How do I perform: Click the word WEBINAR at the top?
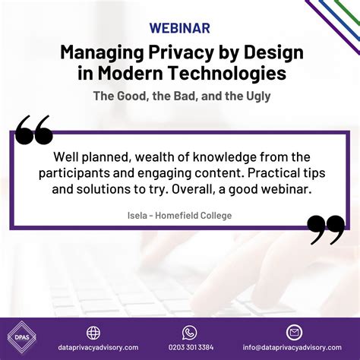(x=180, y=29)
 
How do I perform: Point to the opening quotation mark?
(x=34, y=131)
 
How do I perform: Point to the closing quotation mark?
(x=326, y=230)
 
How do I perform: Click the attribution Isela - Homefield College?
(x=179, y=216)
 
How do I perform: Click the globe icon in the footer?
(x=93, y=333)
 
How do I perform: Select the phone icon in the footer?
(x=189, y=333)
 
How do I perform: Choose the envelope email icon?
(x=294, y=333)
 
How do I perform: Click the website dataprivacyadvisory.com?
(x=93, y=348)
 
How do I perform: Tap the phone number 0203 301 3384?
(x=189, y=348)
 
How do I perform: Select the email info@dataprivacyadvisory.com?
(x=294, y=348)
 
